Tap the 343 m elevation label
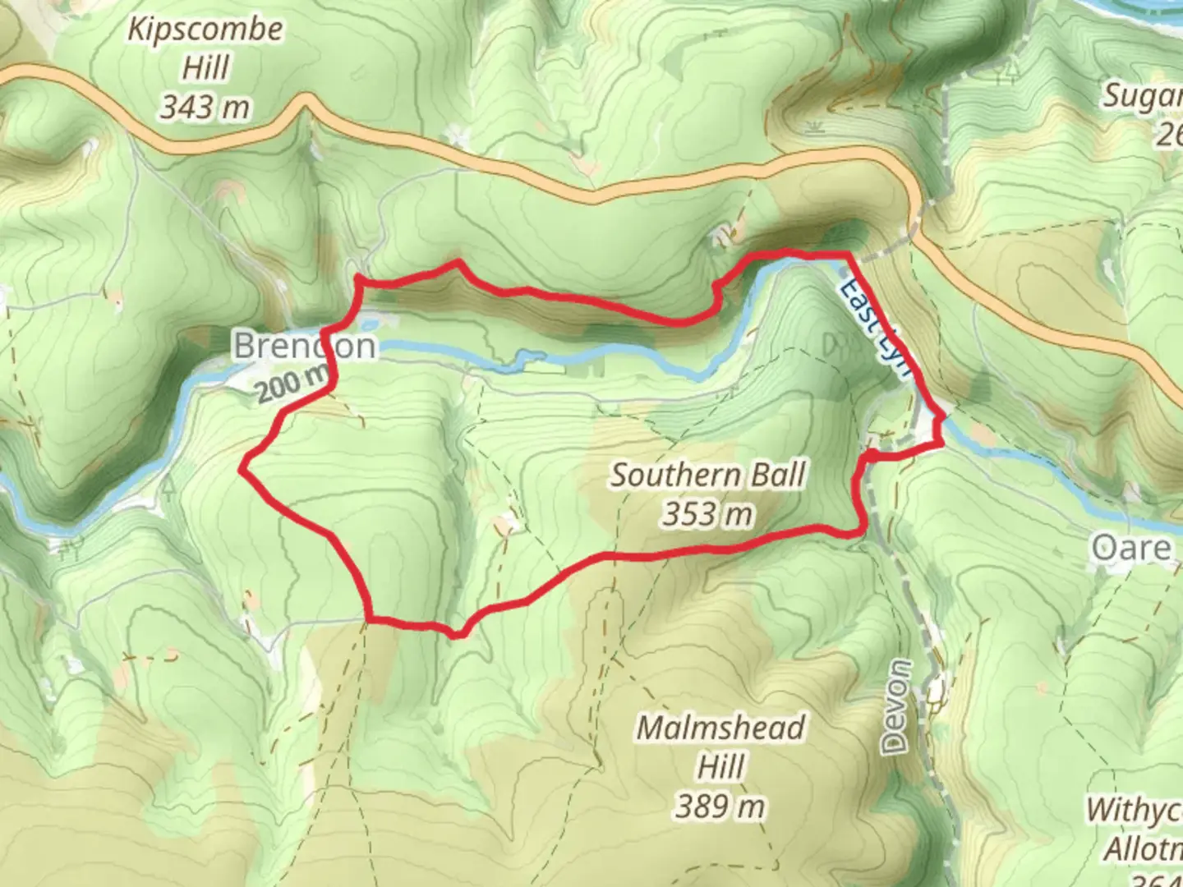[205, 107]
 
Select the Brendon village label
[304, 346]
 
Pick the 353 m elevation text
[707, 514]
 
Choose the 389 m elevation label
[720, 807]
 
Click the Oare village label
[1131, 548]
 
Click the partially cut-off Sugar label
[1142, 97]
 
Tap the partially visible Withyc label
[1134, 810]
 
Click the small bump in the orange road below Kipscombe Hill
[306, 99]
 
